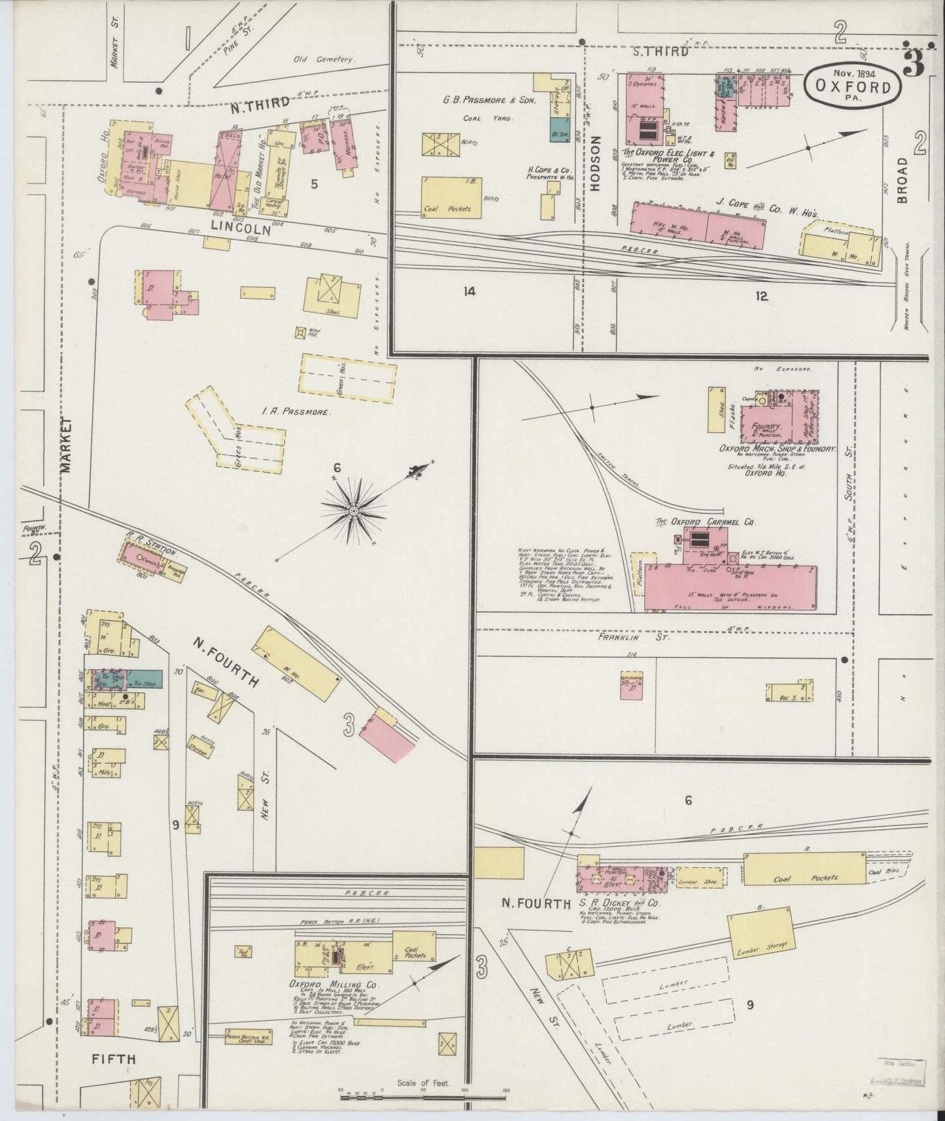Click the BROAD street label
904,180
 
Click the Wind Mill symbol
300,333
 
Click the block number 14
469,291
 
